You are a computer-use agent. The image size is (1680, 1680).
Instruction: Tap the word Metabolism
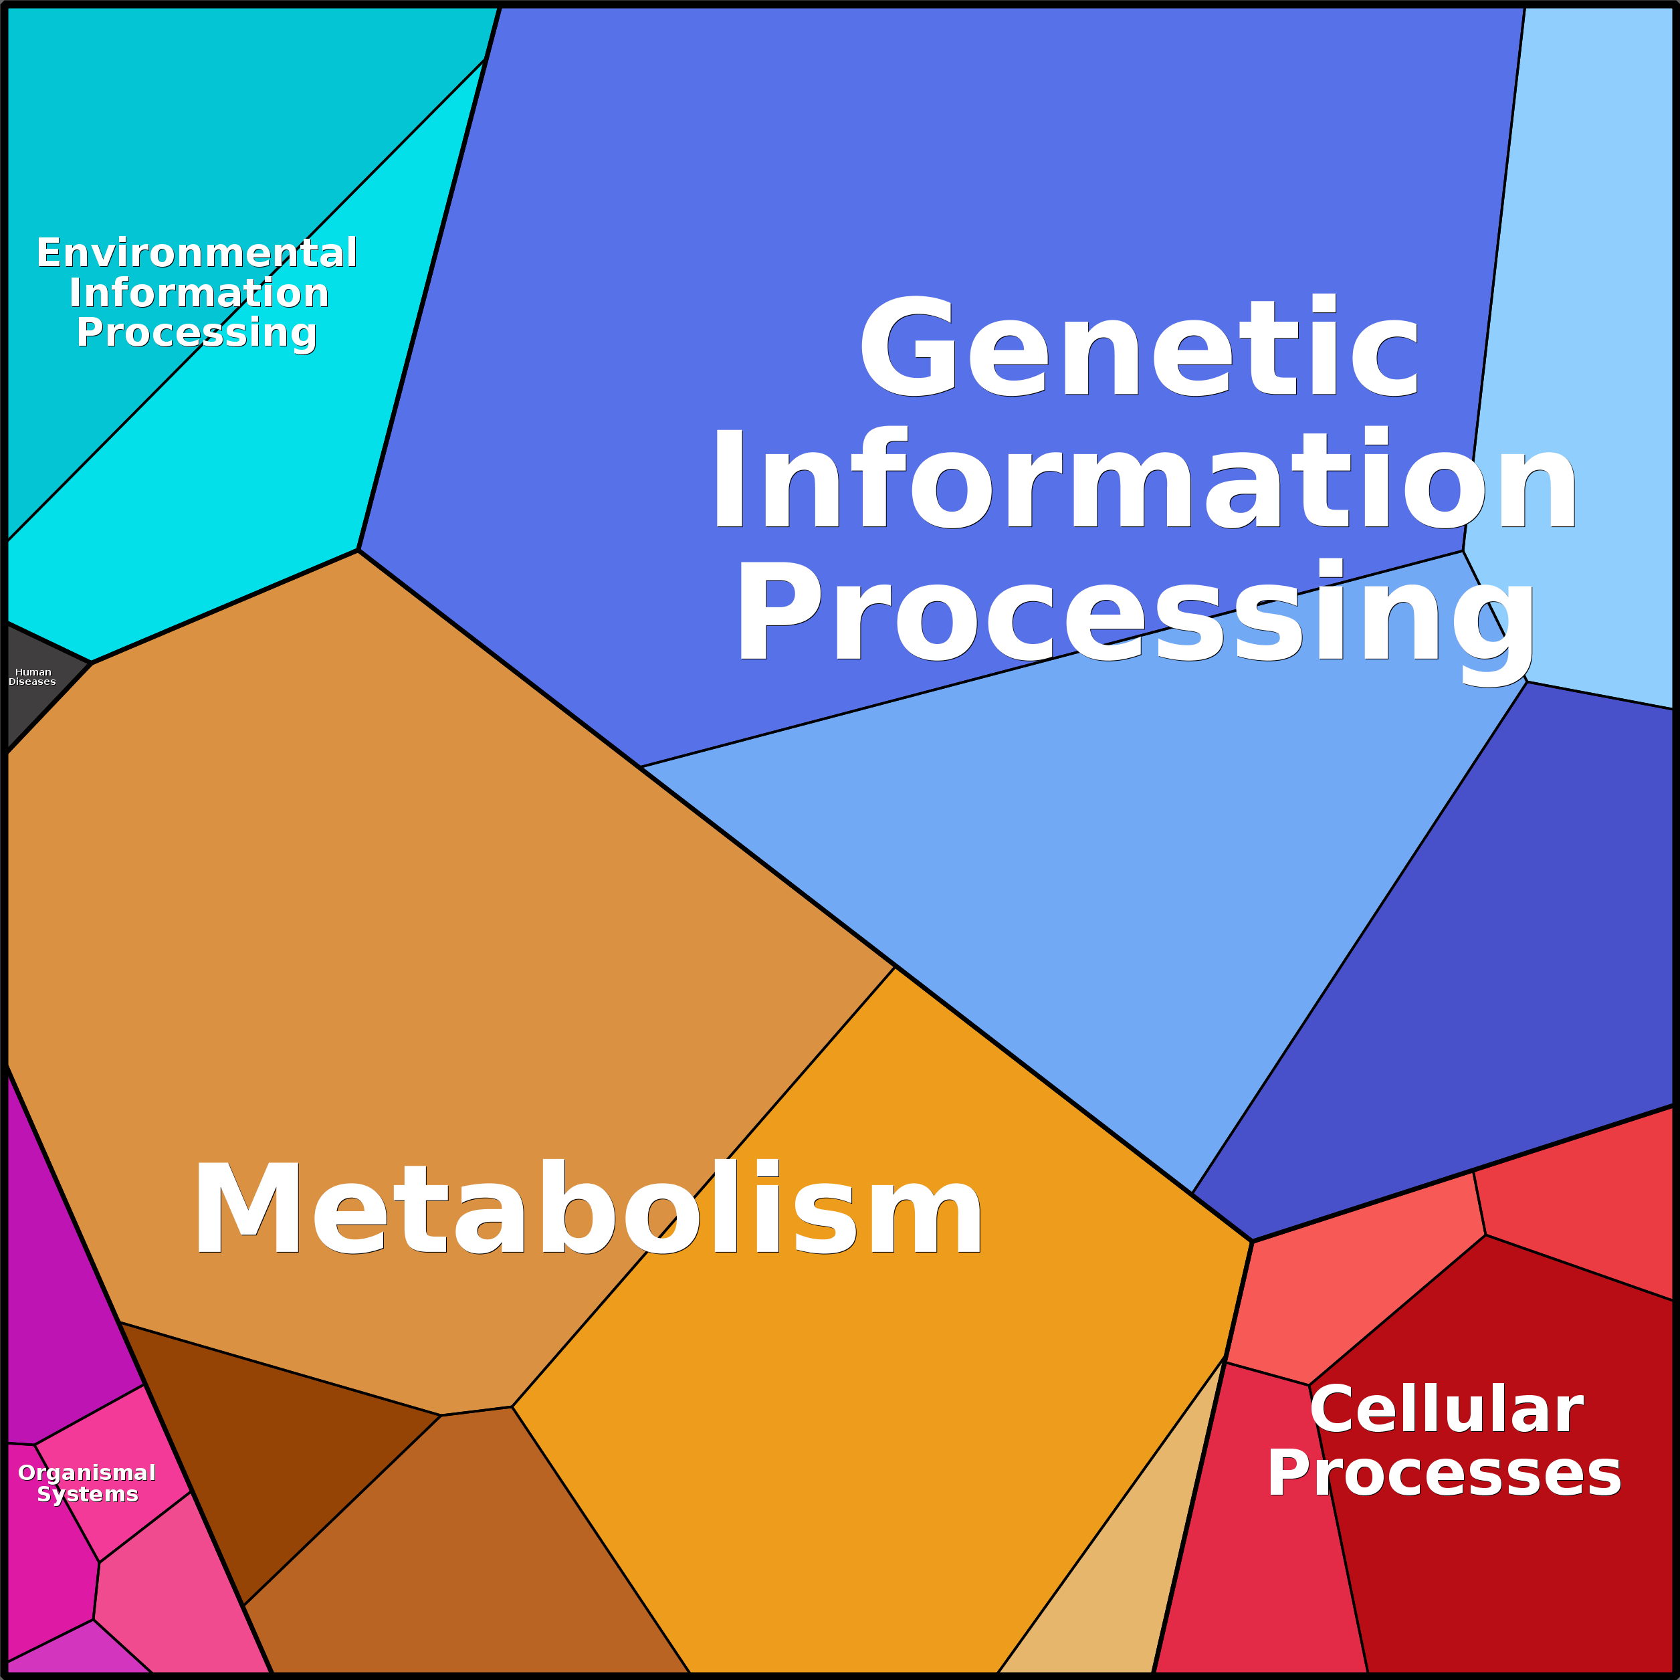588,1208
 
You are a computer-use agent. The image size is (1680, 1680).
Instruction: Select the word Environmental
197,253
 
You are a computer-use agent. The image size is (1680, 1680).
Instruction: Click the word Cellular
1446,1410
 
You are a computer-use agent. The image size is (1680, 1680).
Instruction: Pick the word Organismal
87,1472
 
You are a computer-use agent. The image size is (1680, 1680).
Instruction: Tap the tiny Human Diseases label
32,677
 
